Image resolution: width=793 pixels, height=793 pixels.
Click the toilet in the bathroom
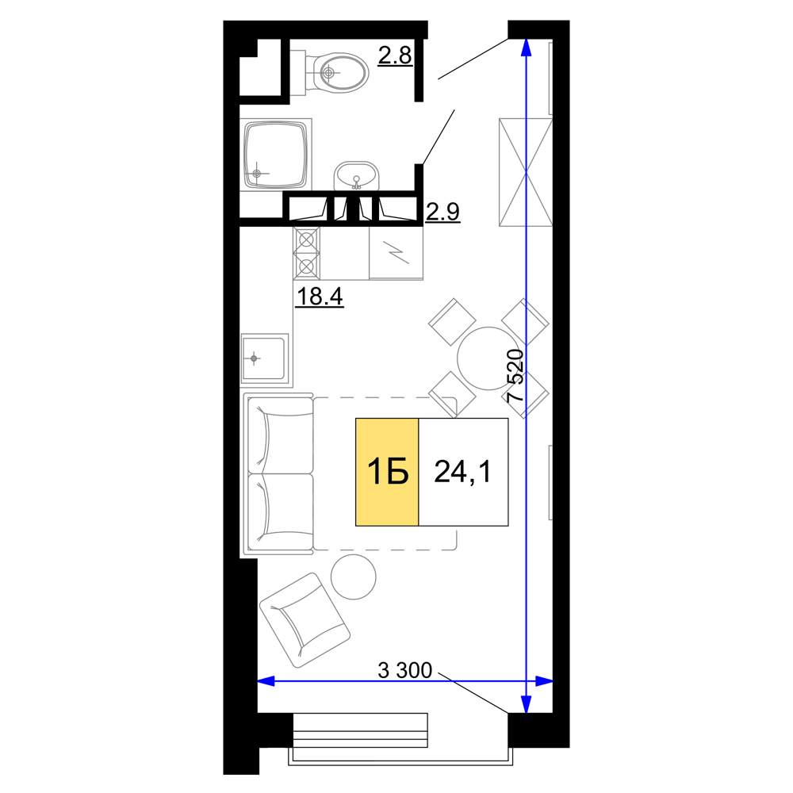click(x=335, y=72)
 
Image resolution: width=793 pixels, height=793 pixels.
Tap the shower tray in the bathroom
click(x=276, y=155)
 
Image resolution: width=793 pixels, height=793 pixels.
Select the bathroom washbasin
click(x=356, y=175)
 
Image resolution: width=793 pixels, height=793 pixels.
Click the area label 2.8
click(x=395, y=55)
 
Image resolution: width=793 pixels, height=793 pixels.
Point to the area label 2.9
click(x=442, y=212)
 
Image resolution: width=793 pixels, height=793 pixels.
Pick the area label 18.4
click(x=320, y=296)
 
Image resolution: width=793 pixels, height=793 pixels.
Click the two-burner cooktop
click(x=306, y=252)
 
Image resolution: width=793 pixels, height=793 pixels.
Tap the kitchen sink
click(x=265, y=358)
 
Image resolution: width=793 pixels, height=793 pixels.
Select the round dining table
click(x=488, y=358)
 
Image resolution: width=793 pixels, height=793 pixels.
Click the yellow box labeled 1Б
click(x=388, y=472)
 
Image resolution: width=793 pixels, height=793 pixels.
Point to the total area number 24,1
click(x=462, y=472)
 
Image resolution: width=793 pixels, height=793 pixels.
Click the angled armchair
click(x=305, y=619)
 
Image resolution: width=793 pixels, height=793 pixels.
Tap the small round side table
click(x=354, y=577)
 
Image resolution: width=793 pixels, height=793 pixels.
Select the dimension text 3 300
click(x=405, y=671)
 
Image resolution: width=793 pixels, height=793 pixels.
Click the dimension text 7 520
click(x=515, y=375)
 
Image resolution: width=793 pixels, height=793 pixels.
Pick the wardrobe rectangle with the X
click(x=526, y=172)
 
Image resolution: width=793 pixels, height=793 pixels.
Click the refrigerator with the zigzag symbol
click(x=396, y=253)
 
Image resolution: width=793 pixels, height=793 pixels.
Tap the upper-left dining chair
click(x=452, y=322)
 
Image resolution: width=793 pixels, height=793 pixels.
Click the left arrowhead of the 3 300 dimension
click(x=266, y=681)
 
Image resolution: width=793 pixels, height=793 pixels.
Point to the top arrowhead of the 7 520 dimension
click(x=526, y=47)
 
